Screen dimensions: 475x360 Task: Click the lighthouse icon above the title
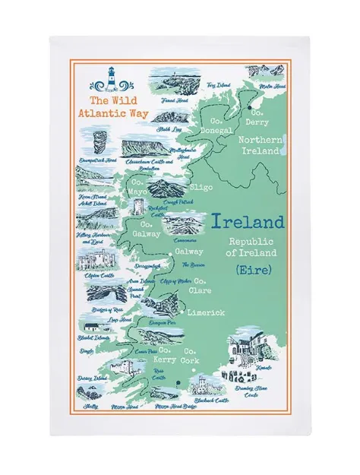click(x=112, y=78)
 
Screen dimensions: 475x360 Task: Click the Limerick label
click(x=205, y=313)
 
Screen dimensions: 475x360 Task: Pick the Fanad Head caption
click(x=165, y=100)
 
